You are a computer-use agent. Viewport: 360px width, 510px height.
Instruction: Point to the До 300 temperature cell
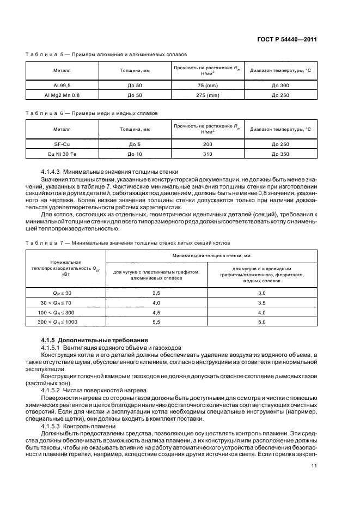[x=280, y=86]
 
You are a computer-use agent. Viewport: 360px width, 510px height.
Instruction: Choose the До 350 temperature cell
[x=280, y=154]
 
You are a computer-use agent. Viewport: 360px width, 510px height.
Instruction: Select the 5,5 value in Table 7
[x=156, y=322]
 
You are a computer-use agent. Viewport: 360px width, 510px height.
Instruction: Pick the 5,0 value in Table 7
[x=261, y=322]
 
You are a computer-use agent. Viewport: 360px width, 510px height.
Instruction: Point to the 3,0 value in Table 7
[x=261, y=293]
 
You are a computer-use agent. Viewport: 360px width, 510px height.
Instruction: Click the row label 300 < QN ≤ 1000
[x=64, y=322]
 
